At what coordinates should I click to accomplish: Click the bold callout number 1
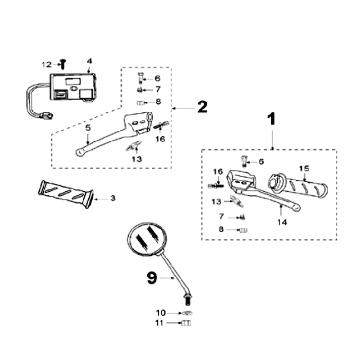tap(271, 119)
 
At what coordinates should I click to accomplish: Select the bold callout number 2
tap(202, 107)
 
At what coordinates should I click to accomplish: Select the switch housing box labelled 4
tap(73, 88)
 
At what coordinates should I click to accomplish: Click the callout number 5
tap(88, 127)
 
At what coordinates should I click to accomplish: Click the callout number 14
tap(282, 222)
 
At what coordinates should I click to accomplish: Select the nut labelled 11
tap(185, 323)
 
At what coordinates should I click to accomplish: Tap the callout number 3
tap(113, 198)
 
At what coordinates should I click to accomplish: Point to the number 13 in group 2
tap(137, 159)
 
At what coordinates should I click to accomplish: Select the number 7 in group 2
tap(157, 90)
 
